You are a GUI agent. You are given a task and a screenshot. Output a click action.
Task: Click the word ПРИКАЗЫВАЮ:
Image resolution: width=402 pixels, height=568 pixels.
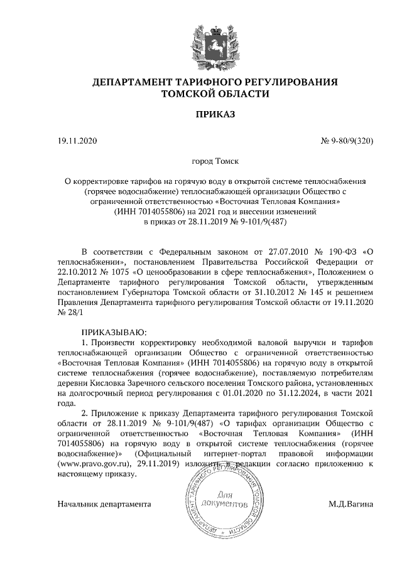click(114, 331)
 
